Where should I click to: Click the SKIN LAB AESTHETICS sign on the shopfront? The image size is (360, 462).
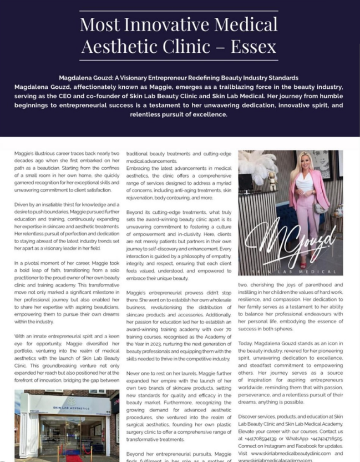[68, 407]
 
